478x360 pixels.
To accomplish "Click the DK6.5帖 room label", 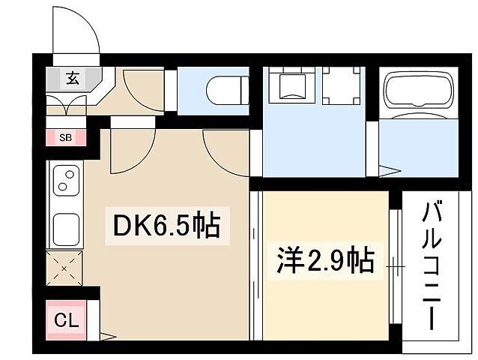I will pos(167,224).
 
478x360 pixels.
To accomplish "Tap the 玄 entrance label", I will pos(73,77).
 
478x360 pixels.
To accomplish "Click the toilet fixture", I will pos(223,88).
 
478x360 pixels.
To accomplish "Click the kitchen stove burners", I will pos(66,181).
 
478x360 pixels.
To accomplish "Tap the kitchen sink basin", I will pos(66,225).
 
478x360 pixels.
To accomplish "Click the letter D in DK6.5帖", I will pos(121,224).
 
